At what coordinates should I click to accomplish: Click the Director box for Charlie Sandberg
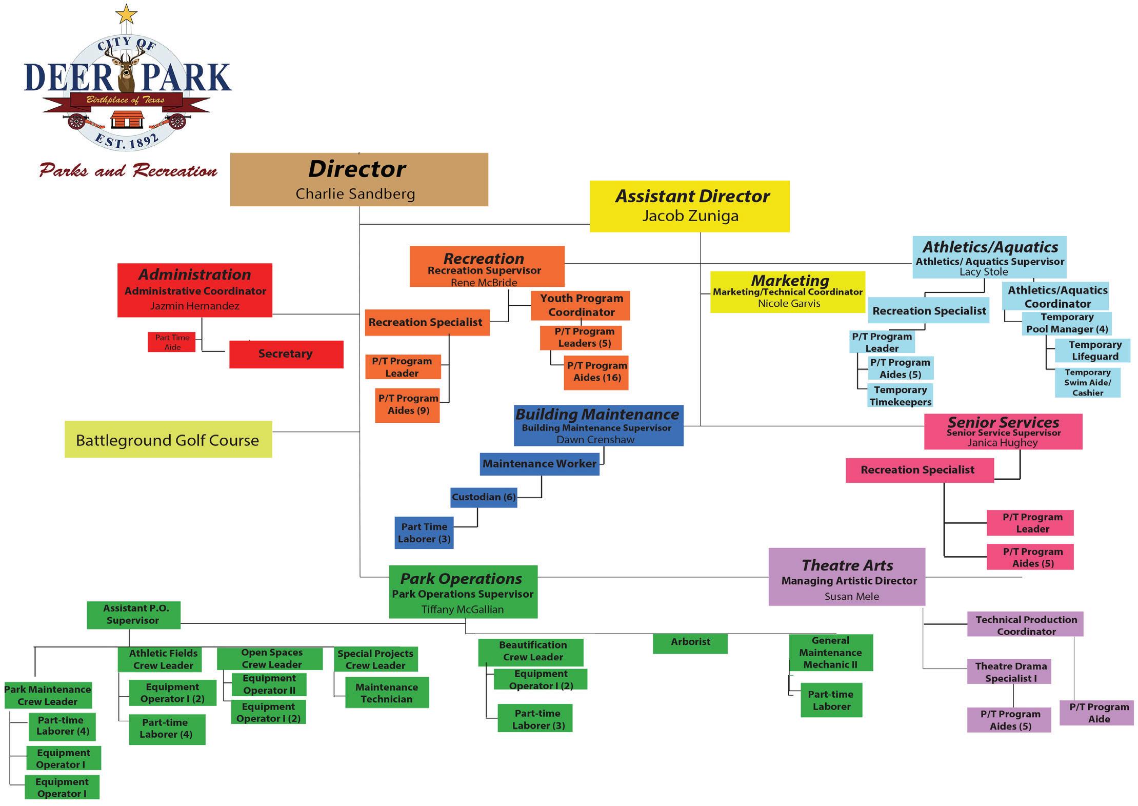pyautogui.click(x=359, y=180)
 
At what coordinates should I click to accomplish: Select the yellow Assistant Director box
pyautogui.click(x=689, y=206)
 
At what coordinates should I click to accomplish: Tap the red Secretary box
pyautogui.click(x=286, y=354)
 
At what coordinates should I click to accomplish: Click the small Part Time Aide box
pyautogui.click(x=172, y=342)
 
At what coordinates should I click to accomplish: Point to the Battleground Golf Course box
pyautogui.click(x=168, y=440)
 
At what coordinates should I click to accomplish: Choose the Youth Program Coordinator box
pyautogui.click(x=581, y=305)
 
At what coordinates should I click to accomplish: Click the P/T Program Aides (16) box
pyautogui.click(x=596, y=372)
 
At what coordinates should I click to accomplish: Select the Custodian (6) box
pyautogui.click(x=484, y=497)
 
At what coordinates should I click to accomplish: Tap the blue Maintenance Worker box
pyautogui.click(x=540, y=464)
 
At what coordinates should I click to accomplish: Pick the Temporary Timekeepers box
pyautogui.click(x=900, y=396)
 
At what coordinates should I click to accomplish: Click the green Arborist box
pyautogui.click(x=690, y=642)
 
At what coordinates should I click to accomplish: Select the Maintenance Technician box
pyautogui.click(x=387, y=693)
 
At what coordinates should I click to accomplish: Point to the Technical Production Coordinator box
pyautogui.click(x=1025, y=625)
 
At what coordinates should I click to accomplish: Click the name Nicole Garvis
pyautogui.click(x=789, y=304)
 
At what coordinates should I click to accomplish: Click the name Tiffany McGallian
pyautogui.click(x=463, y=610)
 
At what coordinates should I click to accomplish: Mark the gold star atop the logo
pyautogui.click(x=126, y=14)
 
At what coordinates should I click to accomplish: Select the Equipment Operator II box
pyautogui.click(x=269, y=684)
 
